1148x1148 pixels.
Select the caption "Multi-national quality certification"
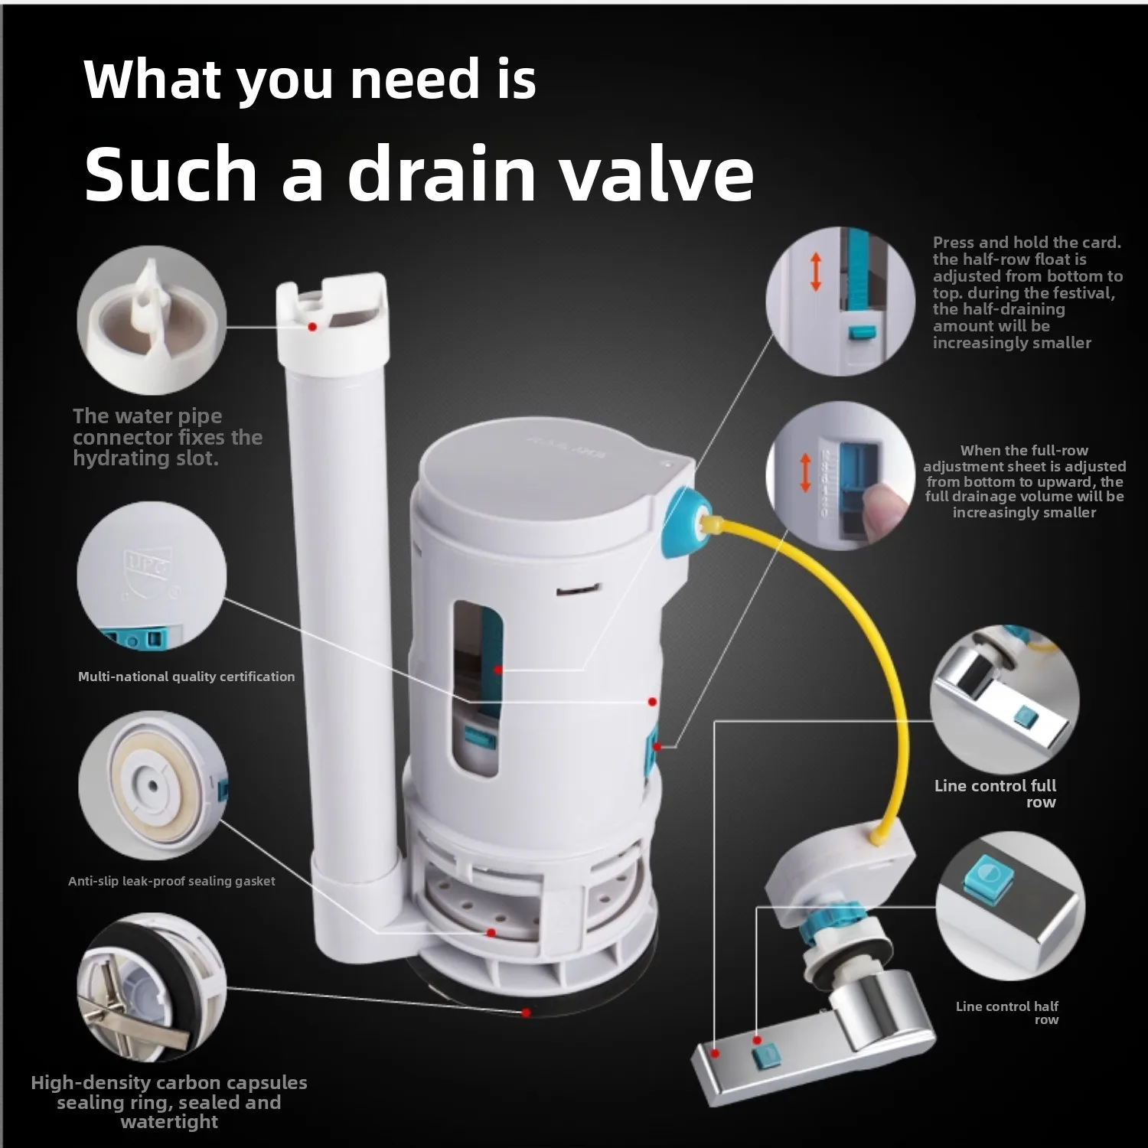click(x=186, y=677)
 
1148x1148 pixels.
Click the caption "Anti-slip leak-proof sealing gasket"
click(x=171, y=881)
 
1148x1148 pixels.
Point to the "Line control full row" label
click(x=995, y=794)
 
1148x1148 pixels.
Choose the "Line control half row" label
click(x=1007, y=1013)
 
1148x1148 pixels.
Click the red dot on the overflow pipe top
click(x=312, y=327)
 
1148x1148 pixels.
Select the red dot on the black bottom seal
click(x=526, y=1012)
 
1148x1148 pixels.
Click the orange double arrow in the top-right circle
click(x=816, y=272)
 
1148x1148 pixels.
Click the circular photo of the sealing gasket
click(x=152, y=786)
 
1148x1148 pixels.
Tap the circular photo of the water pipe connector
click(x=152, y=320)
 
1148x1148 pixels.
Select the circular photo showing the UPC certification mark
click(x=152, y=576)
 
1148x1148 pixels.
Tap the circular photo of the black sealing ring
click(x=152, y=988)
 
